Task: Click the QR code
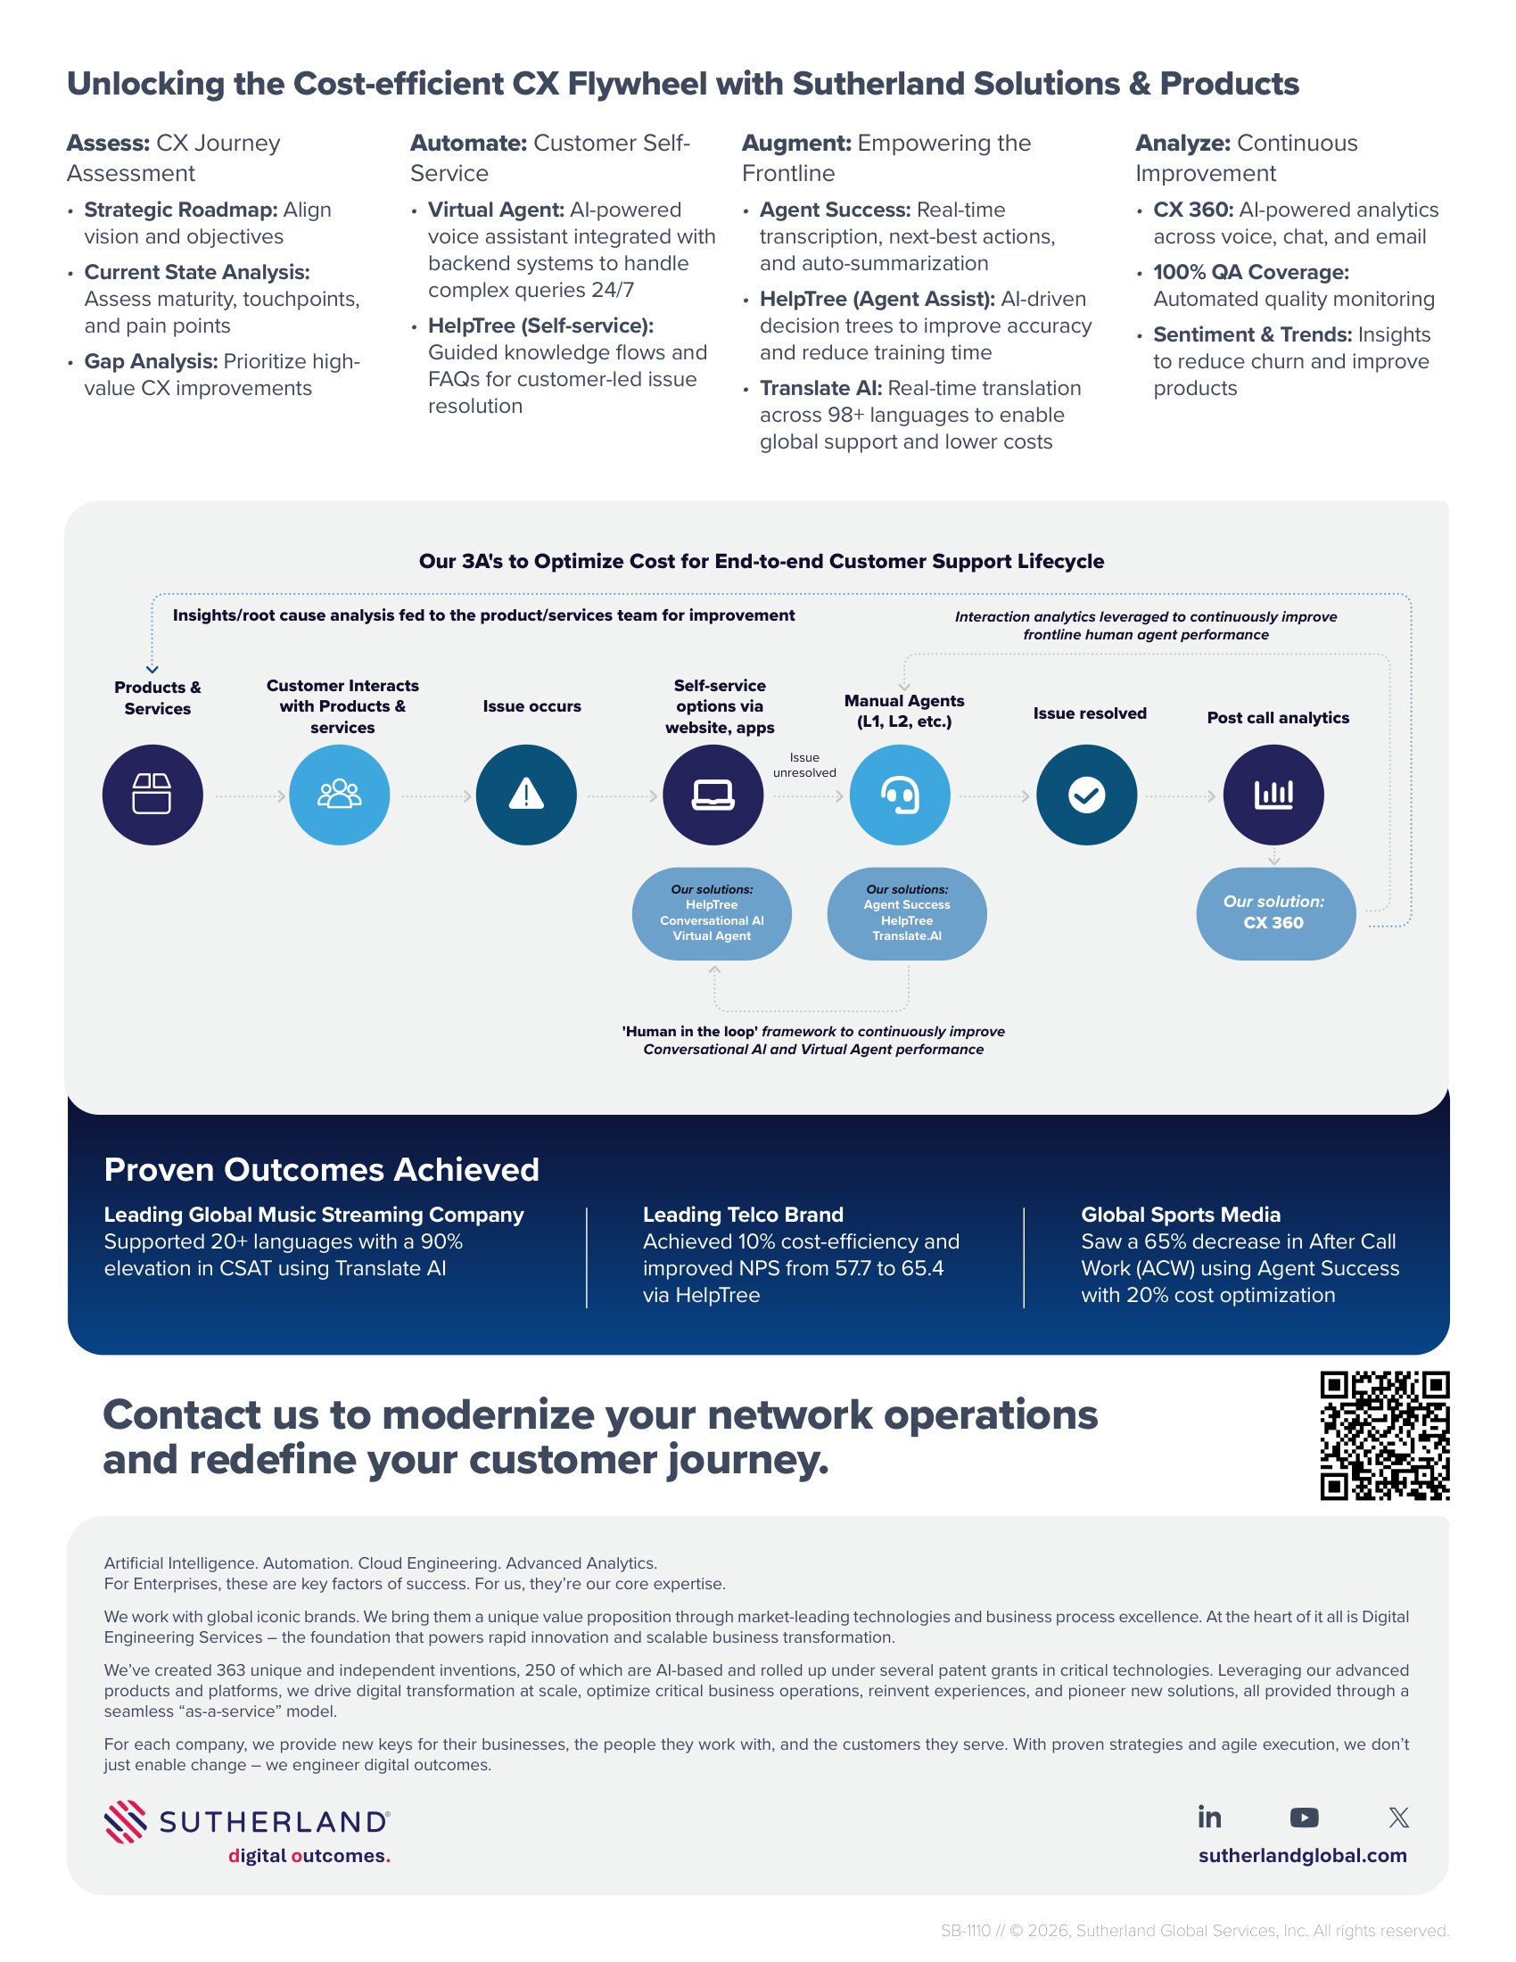pyautogui.click(x=1384, y=1436)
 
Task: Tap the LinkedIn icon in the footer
pyautogui.click(x=1209, y=1818)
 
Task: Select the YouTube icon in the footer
pyautogui.click(x=1303, y=1818)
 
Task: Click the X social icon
pyautogui.click(x=1398, y=1818)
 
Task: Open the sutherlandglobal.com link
pyautogui.click(x=1301, y=1855)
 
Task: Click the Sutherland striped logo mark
pyautogui.click(x=126, y=1821)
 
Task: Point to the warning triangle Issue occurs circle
pyautogui.click(x=526, y=795)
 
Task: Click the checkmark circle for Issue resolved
pyautogui.click(x=1086, y=795)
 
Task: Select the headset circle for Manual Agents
pyautogui.click(x=899, y=795)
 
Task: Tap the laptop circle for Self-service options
pyautogui.click(x=713, y=795)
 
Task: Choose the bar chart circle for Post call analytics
pyautogui.click(x=1273, y=795)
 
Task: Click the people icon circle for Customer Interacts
pyautogui.click(x=340, y=795)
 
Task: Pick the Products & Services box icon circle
pyautogui.click(x=152, y=795)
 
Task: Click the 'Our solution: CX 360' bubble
pyautogui.click(x=1274, y=912)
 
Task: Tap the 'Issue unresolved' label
pyautogui.click(x=803, y=765)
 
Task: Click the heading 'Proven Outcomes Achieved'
pyautogui.click(x=322, y=1170)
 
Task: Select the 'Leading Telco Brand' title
pyautogui.click(x=743, y=1215)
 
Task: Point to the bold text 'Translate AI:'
pyautogui.click(x=820, y=388)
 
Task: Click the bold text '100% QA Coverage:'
pyautogui.click(x=1250, y=272)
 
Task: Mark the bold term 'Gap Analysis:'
pyautogui.click(x=151, y=361)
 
